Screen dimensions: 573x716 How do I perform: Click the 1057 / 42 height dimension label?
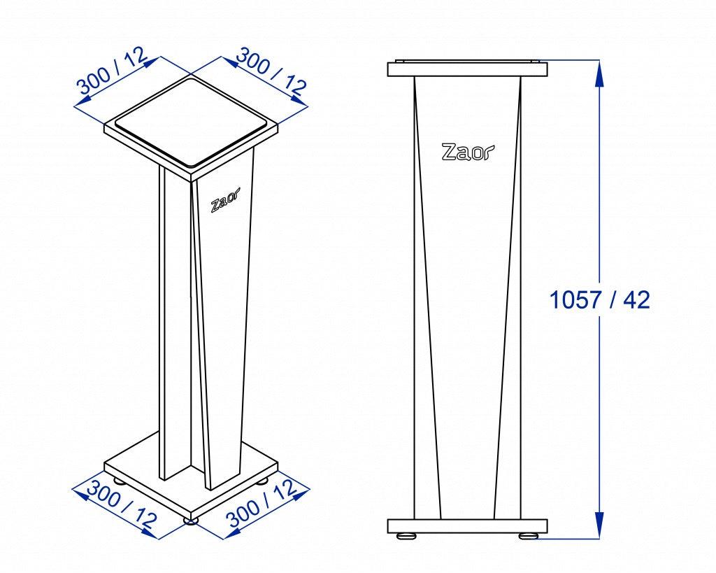point(599,300)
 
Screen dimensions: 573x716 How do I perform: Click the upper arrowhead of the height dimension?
point(599,73)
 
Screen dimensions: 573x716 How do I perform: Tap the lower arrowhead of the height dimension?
point(599,526)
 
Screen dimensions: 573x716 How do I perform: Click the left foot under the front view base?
point(406,537)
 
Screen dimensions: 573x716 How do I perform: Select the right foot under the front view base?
point(529,537)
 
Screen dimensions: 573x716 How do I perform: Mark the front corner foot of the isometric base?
point(191,520)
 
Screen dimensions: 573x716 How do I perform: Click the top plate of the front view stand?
point(467,69)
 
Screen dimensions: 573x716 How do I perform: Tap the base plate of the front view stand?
point(467,526)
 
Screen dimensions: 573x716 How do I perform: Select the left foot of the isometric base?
point(120,481)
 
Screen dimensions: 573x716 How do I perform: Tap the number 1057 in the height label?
point(574,300)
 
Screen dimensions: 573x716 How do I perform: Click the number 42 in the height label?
point(636,300)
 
